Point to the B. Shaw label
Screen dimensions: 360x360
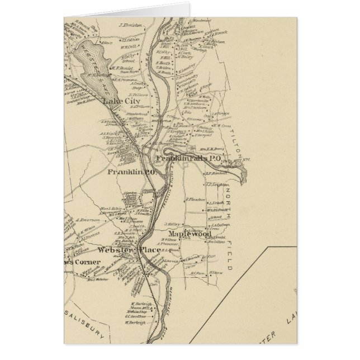[215, 272]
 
